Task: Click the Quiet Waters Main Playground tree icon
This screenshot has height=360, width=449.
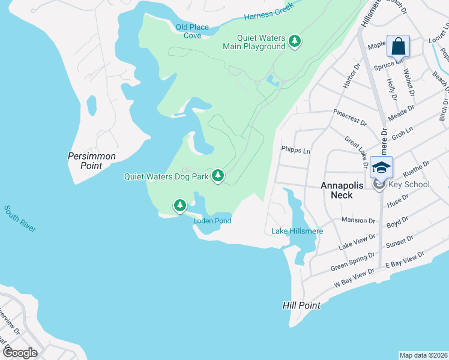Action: [294, 41]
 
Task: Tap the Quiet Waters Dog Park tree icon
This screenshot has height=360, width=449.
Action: [218, 176]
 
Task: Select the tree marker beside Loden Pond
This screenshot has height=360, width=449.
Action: [179, 206]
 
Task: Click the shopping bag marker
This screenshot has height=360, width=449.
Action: [399, 46]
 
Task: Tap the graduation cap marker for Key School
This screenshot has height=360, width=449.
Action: [381, 167]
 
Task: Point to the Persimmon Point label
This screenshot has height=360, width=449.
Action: [91, 161]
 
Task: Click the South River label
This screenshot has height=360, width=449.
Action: [20, 219]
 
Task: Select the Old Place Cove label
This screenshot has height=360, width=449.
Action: [188, 31]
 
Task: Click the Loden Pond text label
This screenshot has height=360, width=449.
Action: [212, 221]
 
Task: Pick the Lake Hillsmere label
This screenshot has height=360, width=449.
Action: [297, 231]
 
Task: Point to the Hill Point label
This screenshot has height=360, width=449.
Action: [301, 305]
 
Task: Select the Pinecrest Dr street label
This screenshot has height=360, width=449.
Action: [350, 118]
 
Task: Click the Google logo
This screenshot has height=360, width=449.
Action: [19, 352]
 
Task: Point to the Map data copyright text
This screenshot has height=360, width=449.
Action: [423, 355]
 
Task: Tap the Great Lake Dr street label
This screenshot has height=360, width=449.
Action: [357, 152]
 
